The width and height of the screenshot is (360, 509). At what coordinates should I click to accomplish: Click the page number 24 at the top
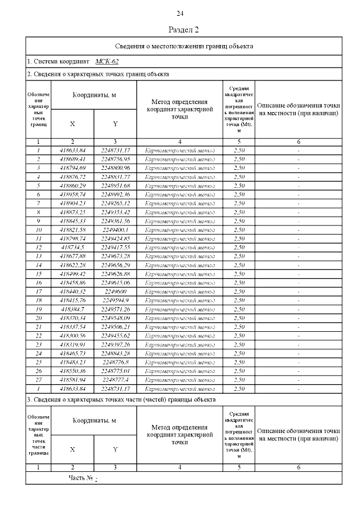pyautogui.click(x=180, y=13)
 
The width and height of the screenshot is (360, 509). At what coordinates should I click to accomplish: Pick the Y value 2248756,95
pyautogui.click(x=115, y=159)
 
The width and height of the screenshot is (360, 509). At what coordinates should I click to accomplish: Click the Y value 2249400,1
pyautogui.click(x=115, y=230)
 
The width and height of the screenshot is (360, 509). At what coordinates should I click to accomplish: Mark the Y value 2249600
pyautogui.click(x=115, y=292)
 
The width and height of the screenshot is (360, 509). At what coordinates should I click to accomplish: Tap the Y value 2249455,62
pyautogui.click(x=115, y=336)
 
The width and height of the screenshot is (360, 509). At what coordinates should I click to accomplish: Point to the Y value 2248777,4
pyautogui.click(x=115, y=380)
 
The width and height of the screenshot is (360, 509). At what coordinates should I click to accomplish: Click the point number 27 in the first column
pyautogui.click(x=38, y=380)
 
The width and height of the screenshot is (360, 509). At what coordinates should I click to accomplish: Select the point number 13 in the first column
pyautogui.click(x=38, y=256)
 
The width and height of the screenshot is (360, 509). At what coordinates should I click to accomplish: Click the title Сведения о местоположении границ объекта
pyautogui.click(x=184, y=46)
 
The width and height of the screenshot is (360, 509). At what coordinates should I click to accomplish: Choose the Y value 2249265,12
pyautogui.click(x=115, y=204)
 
